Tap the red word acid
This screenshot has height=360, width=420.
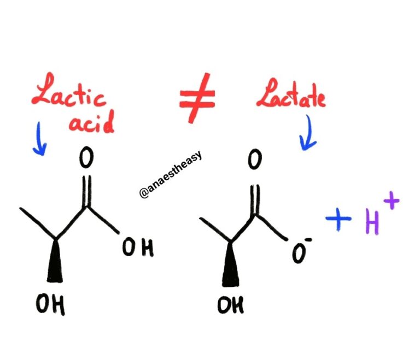pyautogui.click(x=92, y=123)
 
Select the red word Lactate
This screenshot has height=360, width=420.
pyautogui.click(x=291, y=93)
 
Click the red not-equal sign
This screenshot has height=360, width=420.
pyautogui.click(x=197, y=98)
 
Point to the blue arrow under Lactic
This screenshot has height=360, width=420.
pyautogui.click(x=39, y=139)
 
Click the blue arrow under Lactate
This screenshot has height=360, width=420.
pyautogui.click(x=308, y=133)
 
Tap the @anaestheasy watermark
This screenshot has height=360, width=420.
pyautogui.click(x=171, y=174)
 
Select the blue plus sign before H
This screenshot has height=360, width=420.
pyautogui.click(x=339, y=219)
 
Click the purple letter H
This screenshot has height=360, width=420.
pyautogui.click(x=372, y=222)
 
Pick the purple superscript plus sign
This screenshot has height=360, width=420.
pyautogui.click(x=392, y=200)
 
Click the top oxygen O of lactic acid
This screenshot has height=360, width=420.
pyautogui.click(x=86, y=157)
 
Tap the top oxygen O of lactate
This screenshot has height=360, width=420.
pyautogui.click(x=254, y=159)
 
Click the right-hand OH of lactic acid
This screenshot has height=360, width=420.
pyautogui.click(x=138, y=247)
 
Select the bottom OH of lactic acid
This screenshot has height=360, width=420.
pyautogui.click(x=50, y=304)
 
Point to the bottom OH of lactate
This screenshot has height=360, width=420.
pyautogui.click(x=231, y=305)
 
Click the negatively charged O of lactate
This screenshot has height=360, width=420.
pyautogui.click(x=299, y=253)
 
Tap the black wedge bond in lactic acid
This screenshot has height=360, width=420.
pyautogui.click(x=55, y=261)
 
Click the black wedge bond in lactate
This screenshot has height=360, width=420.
pyautogui.click(x=230, y=265)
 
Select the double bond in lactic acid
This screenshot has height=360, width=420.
pyautogui.click(x=87, y=191)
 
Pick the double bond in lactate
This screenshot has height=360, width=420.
pyautogui.click(x=255, y=200)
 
